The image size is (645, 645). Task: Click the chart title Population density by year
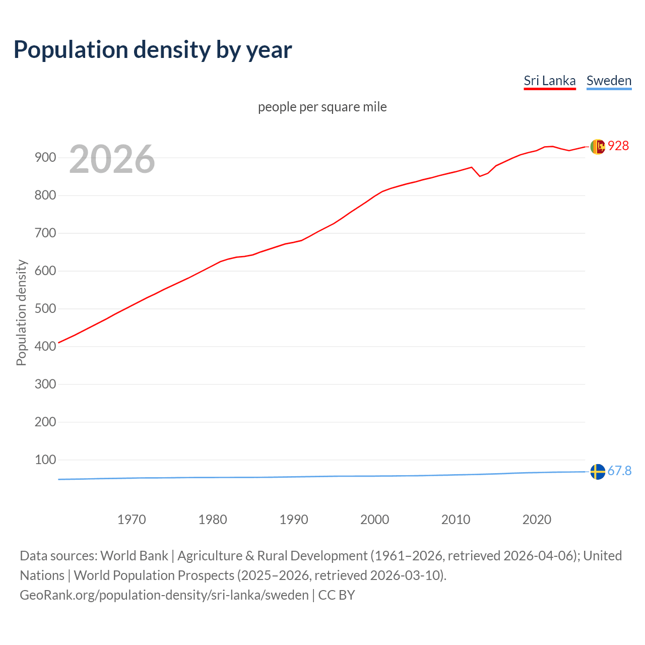click(153, 50)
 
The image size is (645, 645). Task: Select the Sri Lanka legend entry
click(549, 81)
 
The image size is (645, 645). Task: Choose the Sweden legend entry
click(609, 81)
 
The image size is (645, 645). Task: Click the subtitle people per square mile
click(322, 107)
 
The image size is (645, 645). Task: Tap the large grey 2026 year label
click(112, 159)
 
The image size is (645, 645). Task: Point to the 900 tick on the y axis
click(45, 158)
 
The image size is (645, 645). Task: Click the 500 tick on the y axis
click(45, 308)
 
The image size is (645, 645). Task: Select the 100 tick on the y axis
click(45, 460)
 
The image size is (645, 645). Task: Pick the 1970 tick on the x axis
click(132, 520)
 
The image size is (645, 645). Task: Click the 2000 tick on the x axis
click(374, 520)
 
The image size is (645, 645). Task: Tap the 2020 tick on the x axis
click(537, 520)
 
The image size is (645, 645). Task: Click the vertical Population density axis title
click(21, 312)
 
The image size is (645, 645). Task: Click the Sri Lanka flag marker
click(598, 147)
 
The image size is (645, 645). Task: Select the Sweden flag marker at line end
click(598, 472)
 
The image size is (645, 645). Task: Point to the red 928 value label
click(618, 146)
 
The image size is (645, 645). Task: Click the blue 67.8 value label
click(619, 471)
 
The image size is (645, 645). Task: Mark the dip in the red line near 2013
click(480, 176)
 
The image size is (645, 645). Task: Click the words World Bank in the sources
click(134, 556)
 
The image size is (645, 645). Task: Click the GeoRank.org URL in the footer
click(164, 595)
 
